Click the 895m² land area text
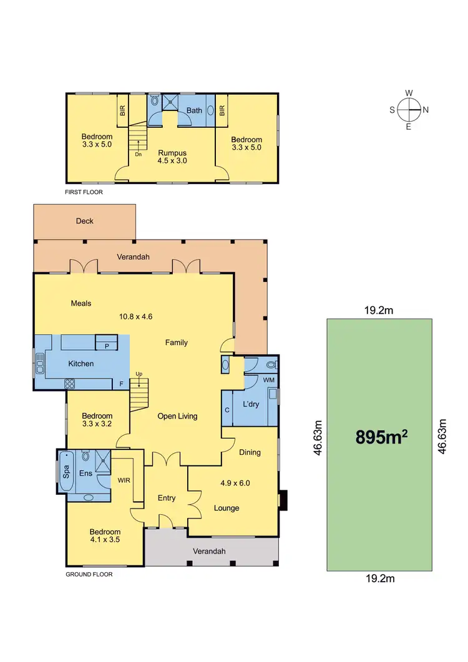(x=381, y=437)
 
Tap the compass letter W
(x=409, y=93)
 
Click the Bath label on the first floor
(x=195, y=110)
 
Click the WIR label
(x=124, y=480)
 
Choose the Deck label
(x=84, y=221)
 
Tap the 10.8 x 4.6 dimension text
(x=136, y=316)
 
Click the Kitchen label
(x=81, y=363)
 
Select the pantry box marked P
(x=107, y=345)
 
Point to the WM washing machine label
(x=268, y=379)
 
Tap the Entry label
(x=167, y=498)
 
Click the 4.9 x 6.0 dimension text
(x=235, y=482)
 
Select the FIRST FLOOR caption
(x=84, y=193)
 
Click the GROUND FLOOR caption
(x=89, y=574)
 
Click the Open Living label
(x=177, y=416)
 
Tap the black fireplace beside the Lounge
(x=284, y=500)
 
